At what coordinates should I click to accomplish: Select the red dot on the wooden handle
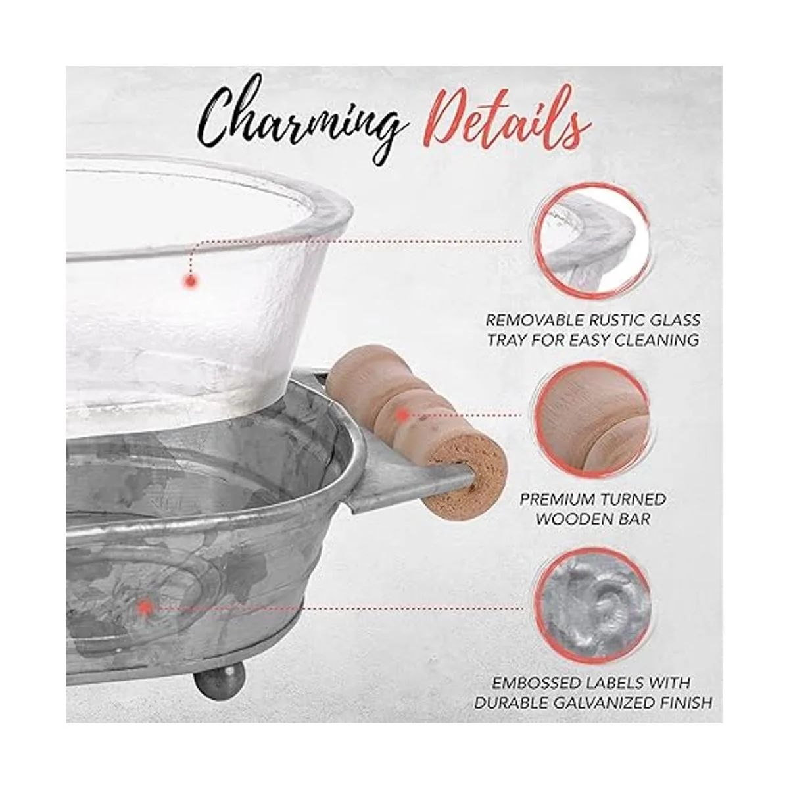pyautogui.click(x=403, y=416)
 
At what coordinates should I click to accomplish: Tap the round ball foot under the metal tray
pyautogui.click(x=220, y=680)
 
